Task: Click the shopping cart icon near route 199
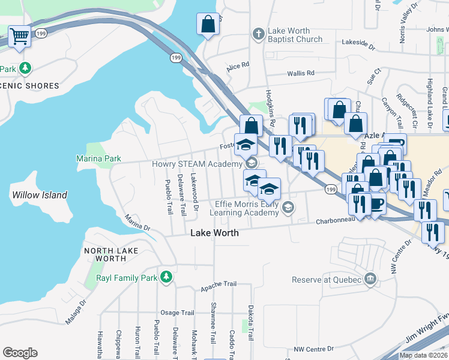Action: (20, 36)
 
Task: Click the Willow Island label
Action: (40, 195)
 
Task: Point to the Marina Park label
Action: (98, 158)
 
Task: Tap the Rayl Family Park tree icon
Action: (166, 277)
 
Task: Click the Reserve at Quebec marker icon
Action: (371, 280)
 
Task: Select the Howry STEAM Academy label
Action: (205, 163)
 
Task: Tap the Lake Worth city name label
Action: (214, 233)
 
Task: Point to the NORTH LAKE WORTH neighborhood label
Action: (110, 254)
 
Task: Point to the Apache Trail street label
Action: (219, 286)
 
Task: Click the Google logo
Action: (20, 353)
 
